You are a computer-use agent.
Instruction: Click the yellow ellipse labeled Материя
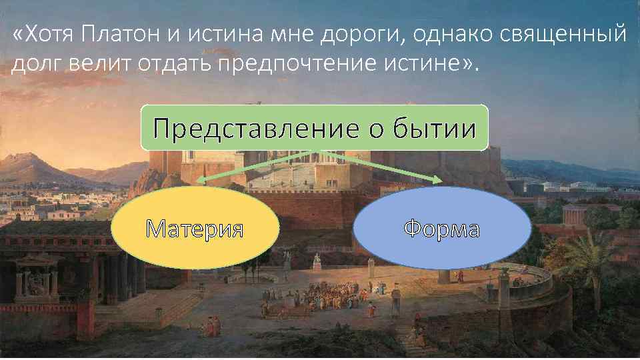195,229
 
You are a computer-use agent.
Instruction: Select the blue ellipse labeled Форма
441,229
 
